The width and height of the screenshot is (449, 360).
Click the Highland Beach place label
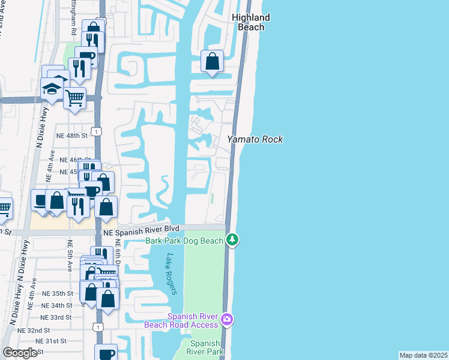pos(251,22)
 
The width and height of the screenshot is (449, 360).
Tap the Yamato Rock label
pos(255,139)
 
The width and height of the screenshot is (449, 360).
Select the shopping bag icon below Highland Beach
pos(212,61)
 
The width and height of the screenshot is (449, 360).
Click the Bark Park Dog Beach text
pos(184,241)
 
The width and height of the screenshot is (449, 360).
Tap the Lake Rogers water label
pos(171,274)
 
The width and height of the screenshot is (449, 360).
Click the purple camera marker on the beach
pos(226,318)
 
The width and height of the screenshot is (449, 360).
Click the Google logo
pos(20,353)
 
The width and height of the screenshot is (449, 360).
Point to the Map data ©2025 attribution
pos(423,355)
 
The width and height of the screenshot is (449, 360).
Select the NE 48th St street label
pos(72,136)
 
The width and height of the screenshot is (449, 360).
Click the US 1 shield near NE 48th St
pos(96,131)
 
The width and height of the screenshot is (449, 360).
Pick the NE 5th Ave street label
pos(70,254)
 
